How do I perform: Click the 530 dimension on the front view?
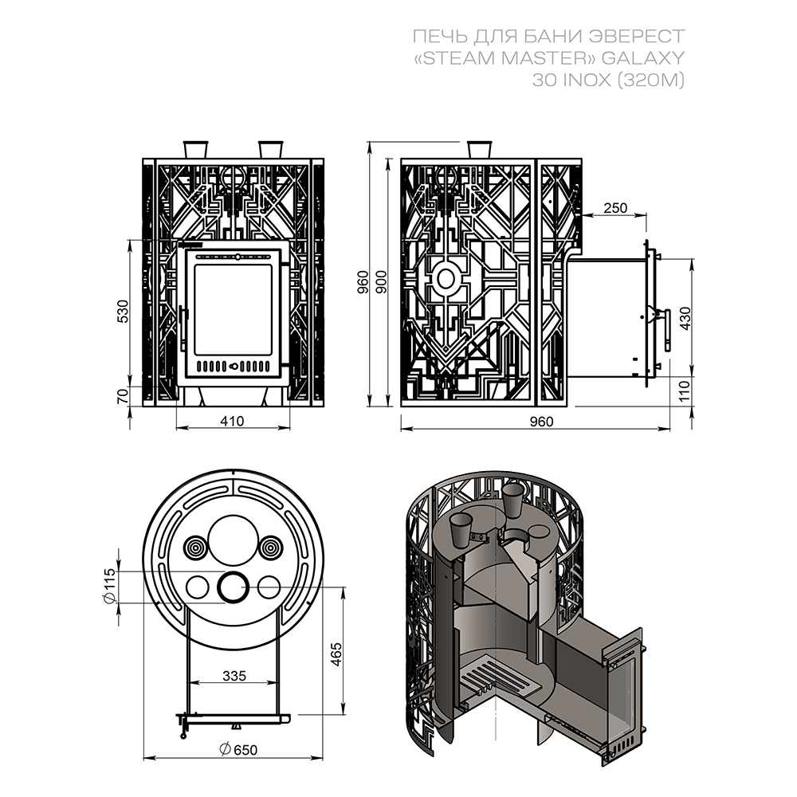(x=122, y=312)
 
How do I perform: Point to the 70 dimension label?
(x=122, y=396)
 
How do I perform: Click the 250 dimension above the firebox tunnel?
(x=615, y=208)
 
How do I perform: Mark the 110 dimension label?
(x=684, y=391)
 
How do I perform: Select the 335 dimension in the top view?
(x=234, y=676)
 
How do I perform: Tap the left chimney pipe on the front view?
(x=195, y=149)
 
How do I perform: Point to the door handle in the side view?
(x=666, y=330)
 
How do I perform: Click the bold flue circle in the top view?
(x=234, y=587)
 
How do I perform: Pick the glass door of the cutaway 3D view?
(x=626, y=692)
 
